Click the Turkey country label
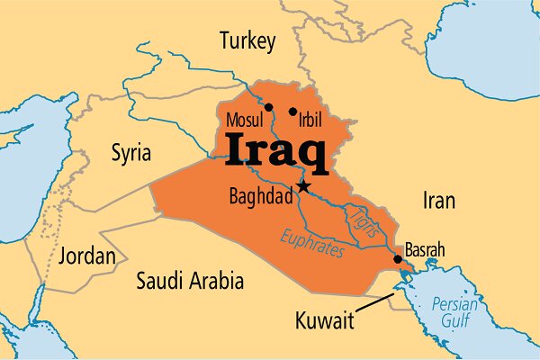tap(247, 40)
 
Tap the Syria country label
tap(130, 150)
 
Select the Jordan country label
tap(86, 256)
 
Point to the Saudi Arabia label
tap(189, 281)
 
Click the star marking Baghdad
tap(304, 186)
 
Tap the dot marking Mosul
tap(268, 106)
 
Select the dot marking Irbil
tap(292, 112)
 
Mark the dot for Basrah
tap(398, 260)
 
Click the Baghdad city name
tap(262, 194)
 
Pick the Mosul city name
tap(244, 119)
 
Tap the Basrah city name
tap(426, 249)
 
